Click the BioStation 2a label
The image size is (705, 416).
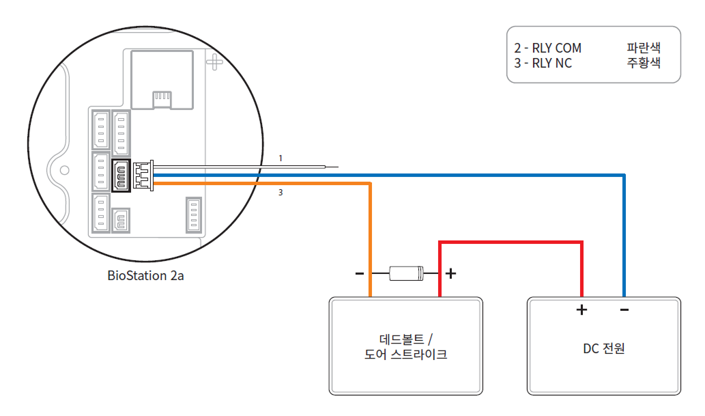point(145,276)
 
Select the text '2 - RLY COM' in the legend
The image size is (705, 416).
point(547,48)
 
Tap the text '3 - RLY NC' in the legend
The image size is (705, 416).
point(543,63)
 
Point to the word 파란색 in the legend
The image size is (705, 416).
point(644,48)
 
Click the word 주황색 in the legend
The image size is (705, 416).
point(644,63)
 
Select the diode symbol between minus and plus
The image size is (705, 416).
point(406,274)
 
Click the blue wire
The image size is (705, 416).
point(624,232)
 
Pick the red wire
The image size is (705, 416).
point(512,242)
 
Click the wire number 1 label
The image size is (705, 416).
point(280,158)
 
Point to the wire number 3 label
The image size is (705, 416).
point(280,193)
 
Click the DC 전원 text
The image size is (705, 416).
point(604,348)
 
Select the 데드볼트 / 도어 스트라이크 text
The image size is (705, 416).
point(405,347)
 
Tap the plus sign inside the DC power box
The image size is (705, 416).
point(581,310)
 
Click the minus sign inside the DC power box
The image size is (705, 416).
point(624,310)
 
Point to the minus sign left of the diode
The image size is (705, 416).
point(360,274)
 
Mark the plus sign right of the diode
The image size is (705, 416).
point(450,274)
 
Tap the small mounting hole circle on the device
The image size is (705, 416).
point(65,169)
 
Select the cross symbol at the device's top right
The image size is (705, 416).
point(215,61)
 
